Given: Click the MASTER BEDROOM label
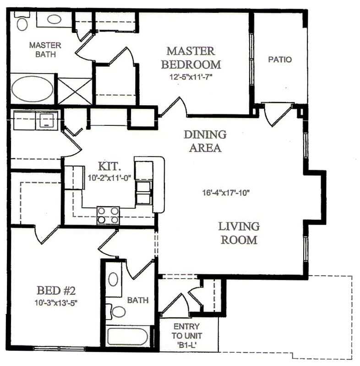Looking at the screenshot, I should pyautogui.click(x=190, y=57).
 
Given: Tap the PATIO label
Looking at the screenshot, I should pyautogui.click(x=280, y=59).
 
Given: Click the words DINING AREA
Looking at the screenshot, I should pyautogui.click(x=205, y=141).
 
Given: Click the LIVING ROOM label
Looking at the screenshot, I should pyautogui.click(x=239, y=233).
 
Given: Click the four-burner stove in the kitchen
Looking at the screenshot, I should pyautogui.click(x=108, y=215).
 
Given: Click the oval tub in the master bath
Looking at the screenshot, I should pyautogui.click(x=32, y=90).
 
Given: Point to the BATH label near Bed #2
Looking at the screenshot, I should pyautogui.click(x=138, y=301).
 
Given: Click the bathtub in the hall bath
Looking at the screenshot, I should pyautogui.click(x=127, y=337).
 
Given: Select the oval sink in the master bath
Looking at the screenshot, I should pyautogui.click(x=55, y=19).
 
